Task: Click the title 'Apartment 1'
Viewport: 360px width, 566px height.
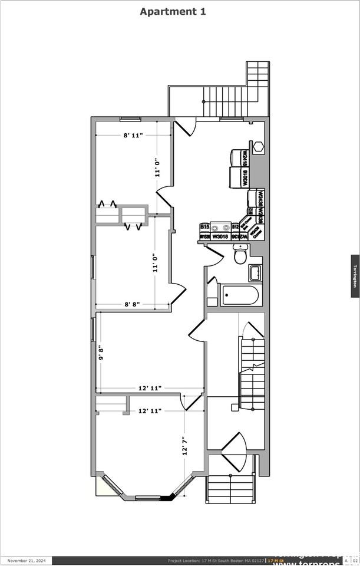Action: (173, 11)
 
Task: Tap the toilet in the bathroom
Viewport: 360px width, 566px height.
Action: (240, 255)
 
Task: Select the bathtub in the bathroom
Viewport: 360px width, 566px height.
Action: (240, 295)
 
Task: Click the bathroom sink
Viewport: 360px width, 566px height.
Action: (255, 273)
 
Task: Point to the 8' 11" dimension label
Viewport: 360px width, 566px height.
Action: (133, 136)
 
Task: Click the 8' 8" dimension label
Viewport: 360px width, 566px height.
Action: (132, 305)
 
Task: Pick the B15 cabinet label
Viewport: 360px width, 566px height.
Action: (204, 226)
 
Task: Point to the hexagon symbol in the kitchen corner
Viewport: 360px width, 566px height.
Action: (259, 147)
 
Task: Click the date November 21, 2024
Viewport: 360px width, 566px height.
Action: (27, 561)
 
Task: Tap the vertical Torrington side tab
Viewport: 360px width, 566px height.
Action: (355, 276)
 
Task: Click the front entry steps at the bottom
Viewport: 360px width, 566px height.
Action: (230, 489)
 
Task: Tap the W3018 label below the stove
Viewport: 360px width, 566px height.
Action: (220, 236)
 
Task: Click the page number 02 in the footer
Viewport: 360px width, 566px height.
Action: (355, 561)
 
